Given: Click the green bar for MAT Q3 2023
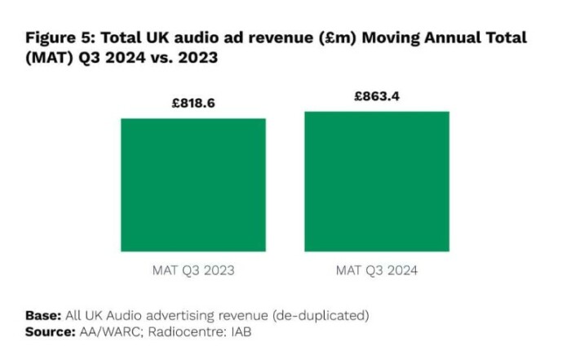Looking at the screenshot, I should coord(193,184).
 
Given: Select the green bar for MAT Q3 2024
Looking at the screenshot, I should coord(377,181).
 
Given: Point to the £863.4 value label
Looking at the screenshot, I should coord(377,96).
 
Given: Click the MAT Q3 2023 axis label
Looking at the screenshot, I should coord(193,269).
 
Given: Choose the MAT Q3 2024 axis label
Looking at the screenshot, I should coord(377,269).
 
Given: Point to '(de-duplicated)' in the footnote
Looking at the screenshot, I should coord(328,315).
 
